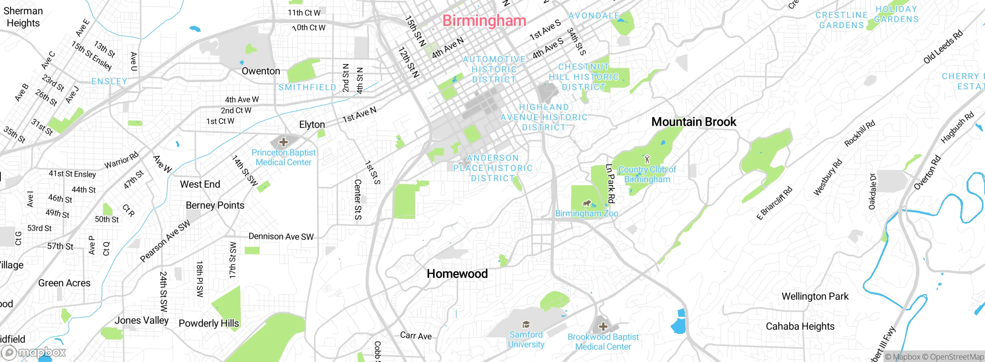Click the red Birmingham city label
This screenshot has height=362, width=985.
tap(484, 20)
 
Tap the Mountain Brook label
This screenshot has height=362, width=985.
tap(693, 122)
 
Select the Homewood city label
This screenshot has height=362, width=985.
tap(457, 274)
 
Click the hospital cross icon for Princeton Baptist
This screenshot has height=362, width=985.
tap(284, 142)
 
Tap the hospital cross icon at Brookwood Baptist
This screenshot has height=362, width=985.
tap(603, 327)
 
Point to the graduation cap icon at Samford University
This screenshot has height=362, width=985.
tap(526, 324)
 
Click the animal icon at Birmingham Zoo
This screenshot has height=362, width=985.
tap(586, 203)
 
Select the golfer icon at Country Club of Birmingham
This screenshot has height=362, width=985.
tap(647, 159)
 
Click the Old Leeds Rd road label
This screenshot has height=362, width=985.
tap(943, 47)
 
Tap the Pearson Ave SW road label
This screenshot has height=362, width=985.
tap(165, 241)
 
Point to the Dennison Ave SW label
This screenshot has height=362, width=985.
tap(281, 236)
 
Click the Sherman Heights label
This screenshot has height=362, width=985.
tap(23, 17)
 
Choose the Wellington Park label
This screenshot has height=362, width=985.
tap(815, 297)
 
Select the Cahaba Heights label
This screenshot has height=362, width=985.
tap(800, 326)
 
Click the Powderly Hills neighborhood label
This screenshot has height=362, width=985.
tap(209, 323)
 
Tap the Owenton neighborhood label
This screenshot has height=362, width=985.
tap(260, 71)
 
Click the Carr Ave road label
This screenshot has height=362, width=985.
tap(416, 336)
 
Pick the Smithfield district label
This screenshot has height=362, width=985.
tap(307, 87)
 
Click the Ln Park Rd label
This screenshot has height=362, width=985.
tap(610, 183)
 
